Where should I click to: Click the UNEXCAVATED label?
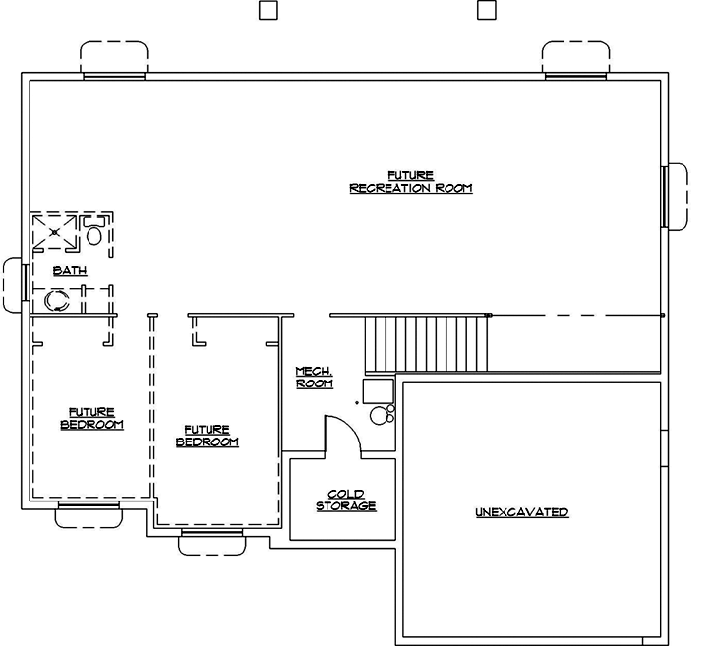tap(521, 512)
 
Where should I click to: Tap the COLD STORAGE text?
tap(345, 501)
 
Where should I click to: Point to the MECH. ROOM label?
tap(315, 378)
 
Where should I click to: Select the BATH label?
tap(69, 271)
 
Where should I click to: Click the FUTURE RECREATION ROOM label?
tap(411, 182)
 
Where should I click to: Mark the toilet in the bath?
tap(94, 233)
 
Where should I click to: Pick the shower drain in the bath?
tap(55, 232)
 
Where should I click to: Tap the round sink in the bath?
tap(56, 300)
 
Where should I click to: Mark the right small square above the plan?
tap(485, 11)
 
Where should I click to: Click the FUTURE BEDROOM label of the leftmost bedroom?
tap(92, 419)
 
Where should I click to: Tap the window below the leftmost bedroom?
tap(89, 513)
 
